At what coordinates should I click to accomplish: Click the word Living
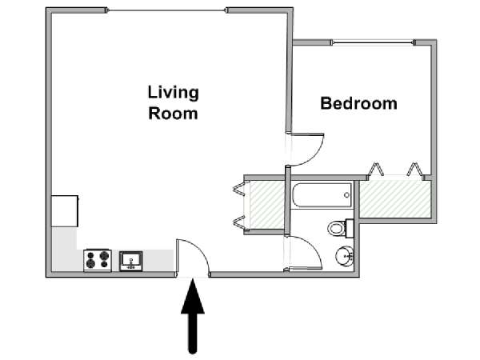click(174, 94)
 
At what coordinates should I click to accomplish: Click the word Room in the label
click(173, 114)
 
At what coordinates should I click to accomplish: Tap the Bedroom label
click(358, 103)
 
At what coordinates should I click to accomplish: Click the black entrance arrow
click(193, 317)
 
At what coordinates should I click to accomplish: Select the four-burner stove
click(98, 260)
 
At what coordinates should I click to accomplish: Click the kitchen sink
click(131, 261)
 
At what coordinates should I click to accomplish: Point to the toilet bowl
click(336, 228)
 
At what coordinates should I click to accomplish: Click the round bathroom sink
click(345, 255)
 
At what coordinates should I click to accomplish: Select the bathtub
click(322, 195)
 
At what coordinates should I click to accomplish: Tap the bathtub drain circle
click(346, 195)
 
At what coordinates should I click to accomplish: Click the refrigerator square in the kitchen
click(65, 211)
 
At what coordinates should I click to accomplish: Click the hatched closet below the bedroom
click(395, 199)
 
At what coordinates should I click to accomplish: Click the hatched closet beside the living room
click(267, 205)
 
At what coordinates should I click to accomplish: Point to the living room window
click(167, 10)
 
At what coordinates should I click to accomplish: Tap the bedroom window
click(373, 42)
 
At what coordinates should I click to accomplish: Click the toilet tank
click(350, 228)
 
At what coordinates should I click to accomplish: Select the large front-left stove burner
click(90, 263)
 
